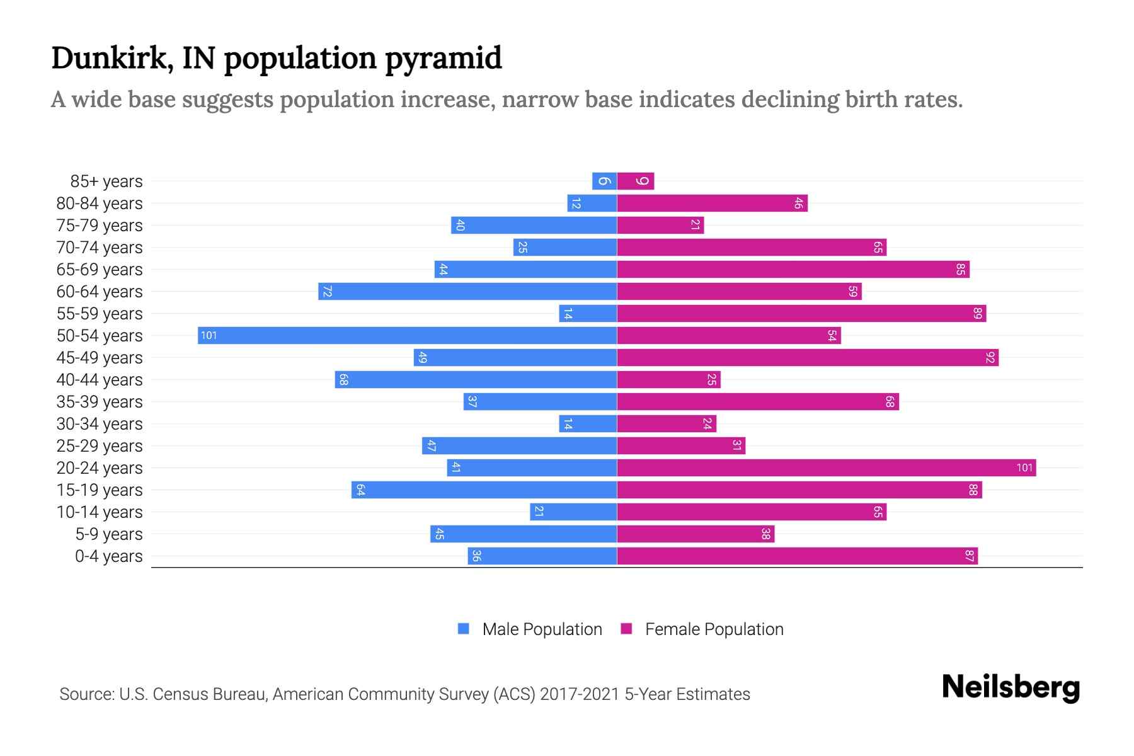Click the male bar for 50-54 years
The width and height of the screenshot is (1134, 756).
pos(407,335)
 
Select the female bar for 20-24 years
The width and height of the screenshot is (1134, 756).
pos(826,467)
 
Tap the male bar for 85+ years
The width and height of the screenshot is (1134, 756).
pos(604,181)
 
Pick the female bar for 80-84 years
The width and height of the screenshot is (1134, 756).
pos(712,203)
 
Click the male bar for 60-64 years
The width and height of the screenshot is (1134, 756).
pos(467,292)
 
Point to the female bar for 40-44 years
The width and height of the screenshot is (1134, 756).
pos(668,380)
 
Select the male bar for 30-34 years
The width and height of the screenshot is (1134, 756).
pos(588,424)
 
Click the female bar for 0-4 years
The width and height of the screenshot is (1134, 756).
pos(797,556)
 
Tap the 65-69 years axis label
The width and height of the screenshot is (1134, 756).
pos(100,270)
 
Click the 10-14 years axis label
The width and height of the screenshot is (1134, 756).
pos(100,512)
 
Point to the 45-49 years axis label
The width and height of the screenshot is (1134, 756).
pos(100,358)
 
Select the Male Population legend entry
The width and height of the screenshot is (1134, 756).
pos(530,629)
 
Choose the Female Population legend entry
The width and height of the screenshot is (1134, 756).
pos(702,629)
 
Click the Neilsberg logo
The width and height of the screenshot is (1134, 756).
pos(1011,687)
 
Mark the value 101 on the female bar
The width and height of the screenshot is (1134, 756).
pos(1024,467)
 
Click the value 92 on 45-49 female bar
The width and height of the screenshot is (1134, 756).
pos(990,358)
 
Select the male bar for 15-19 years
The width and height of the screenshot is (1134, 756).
pos(484,490)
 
